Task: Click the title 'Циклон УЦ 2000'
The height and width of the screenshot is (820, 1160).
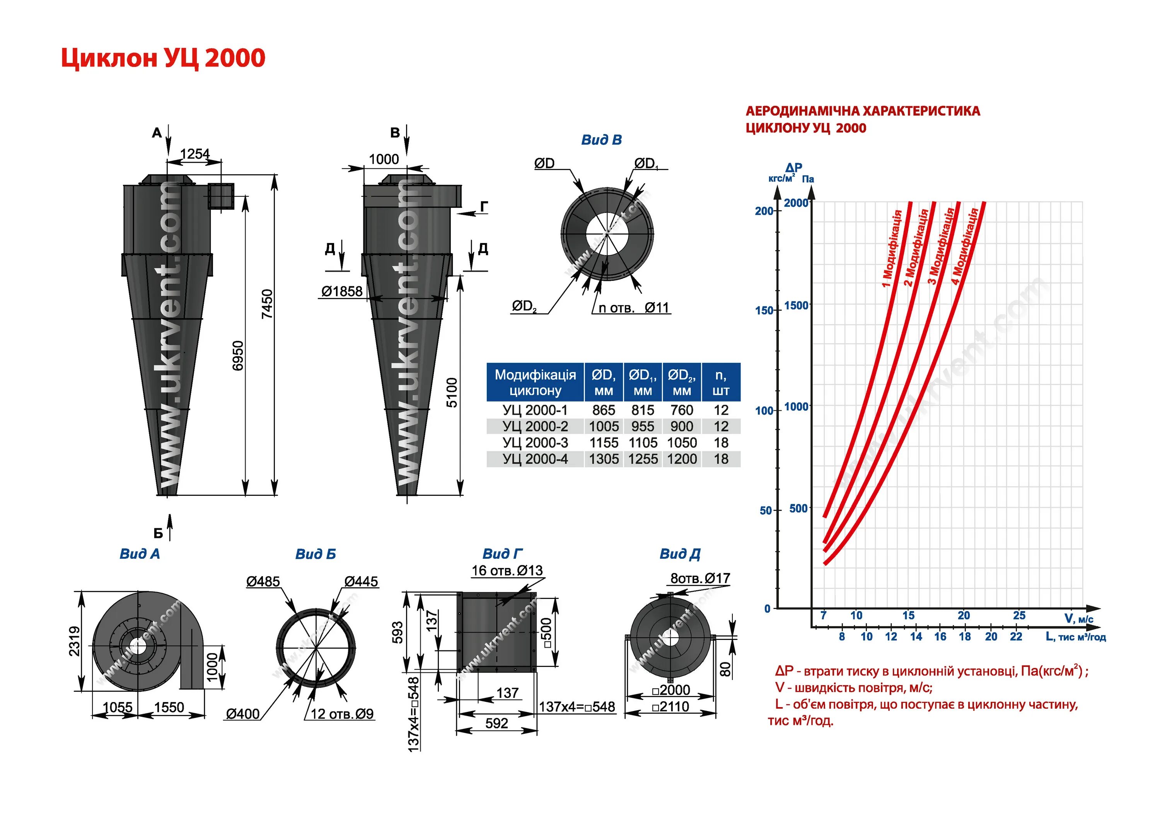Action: point(163,58)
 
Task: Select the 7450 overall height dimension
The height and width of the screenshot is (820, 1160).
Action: point(267,304)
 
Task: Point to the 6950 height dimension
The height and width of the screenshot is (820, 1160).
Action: point(238,356)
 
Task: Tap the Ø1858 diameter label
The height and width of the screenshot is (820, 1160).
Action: point(342,291)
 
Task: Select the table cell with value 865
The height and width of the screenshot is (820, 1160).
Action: point(604,410)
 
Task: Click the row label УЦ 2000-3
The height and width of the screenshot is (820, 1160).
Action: point(535,443)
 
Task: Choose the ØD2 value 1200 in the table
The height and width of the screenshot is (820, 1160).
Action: point(682,459)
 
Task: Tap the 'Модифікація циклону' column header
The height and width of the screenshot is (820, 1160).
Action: point(535,382)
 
